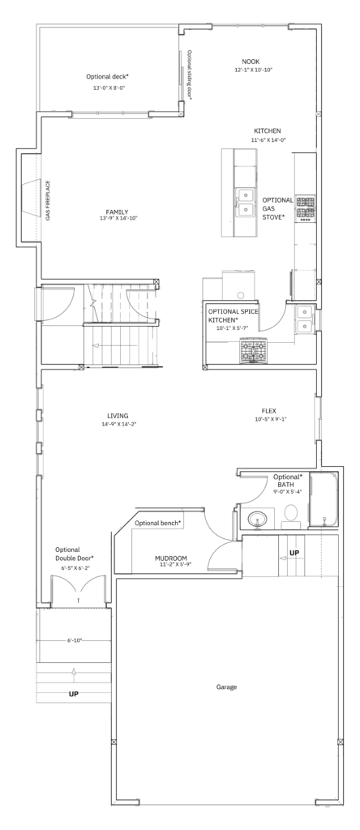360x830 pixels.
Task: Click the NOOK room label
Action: point(251,62)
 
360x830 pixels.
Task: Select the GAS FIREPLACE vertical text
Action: point(48,201)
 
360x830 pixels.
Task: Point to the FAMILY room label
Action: point(117,212)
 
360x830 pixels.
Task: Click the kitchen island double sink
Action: point(245,203)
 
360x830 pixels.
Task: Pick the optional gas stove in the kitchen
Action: point(305,208)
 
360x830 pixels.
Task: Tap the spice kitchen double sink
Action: point(304,319)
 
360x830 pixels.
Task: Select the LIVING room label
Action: point(117,416)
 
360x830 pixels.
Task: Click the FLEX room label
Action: point(269,411)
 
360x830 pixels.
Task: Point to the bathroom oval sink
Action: point(258,517)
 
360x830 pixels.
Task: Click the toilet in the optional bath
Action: point(291,516)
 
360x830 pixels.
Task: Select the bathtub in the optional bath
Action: point(323,499)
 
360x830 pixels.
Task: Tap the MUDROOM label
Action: point(171,558)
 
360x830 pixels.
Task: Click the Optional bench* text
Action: point(158,524)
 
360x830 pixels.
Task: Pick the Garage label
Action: point(226,687)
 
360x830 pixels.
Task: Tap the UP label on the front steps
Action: point(74,694)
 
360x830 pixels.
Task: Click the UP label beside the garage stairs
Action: point(294,553)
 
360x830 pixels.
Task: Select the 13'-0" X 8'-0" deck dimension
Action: point(109,88)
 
